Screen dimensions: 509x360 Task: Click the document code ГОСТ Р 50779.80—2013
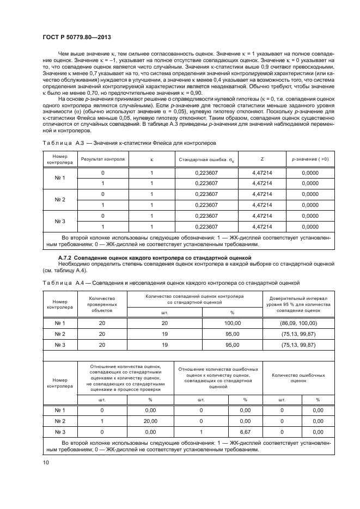pos(77,38)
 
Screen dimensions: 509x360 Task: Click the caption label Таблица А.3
pos(65,142)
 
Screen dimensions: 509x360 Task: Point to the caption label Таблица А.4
pos(65,283)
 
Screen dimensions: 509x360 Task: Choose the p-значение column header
pos(310,160)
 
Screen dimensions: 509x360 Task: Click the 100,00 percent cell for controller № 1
pos(233,323)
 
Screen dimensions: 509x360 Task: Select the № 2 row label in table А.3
pos(60,200)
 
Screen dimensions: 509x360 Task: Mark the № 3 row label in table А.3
pos(60,221)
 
